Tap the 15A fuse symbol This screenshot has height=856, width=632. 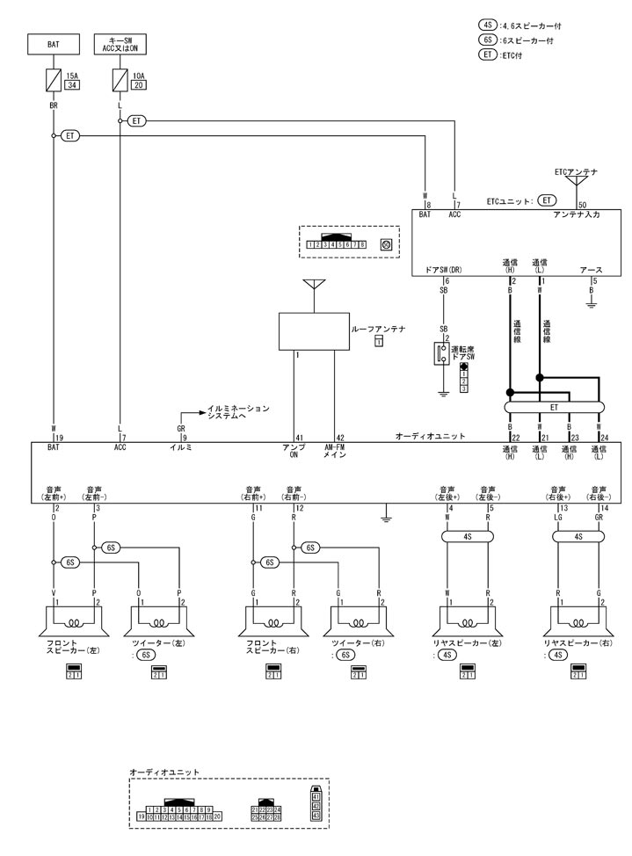point(54,82)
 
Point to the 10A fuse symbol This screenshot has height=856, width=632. point(120,82)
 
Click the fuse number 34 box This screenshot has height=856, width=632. point(72,86)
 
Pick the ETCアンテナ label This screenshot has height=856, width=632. point(576,171)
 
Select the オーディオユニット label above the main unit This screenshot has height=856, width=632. point(430,436)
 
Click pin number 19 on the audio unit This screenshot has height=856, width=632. point(60,437)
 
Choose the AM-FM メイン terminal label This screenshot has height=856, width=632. point(334,451)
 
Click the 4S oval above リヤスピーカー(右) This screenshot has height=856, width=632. point(578,536)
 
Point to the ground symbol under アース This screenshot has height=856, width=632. point(592,303)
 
